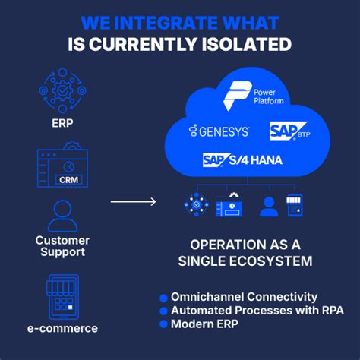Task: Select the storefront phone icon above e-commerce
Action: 63,297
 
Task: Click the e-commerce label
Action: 63,328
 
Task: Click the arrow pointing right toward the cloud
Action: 133,201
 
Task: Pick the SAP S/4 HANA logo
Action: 243,160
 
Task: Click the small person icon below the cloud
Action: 268,206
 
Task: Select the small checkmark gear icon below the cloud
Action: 194,205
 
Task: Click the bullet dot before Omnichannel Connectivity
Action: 163,298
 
